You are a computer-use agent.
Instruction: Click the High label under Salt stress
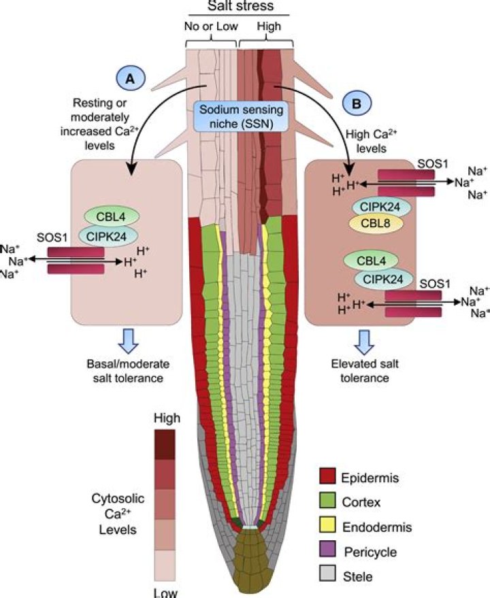[x=266, y=27]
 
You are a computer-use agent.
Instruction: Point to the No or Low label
[x=211, y=27]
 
